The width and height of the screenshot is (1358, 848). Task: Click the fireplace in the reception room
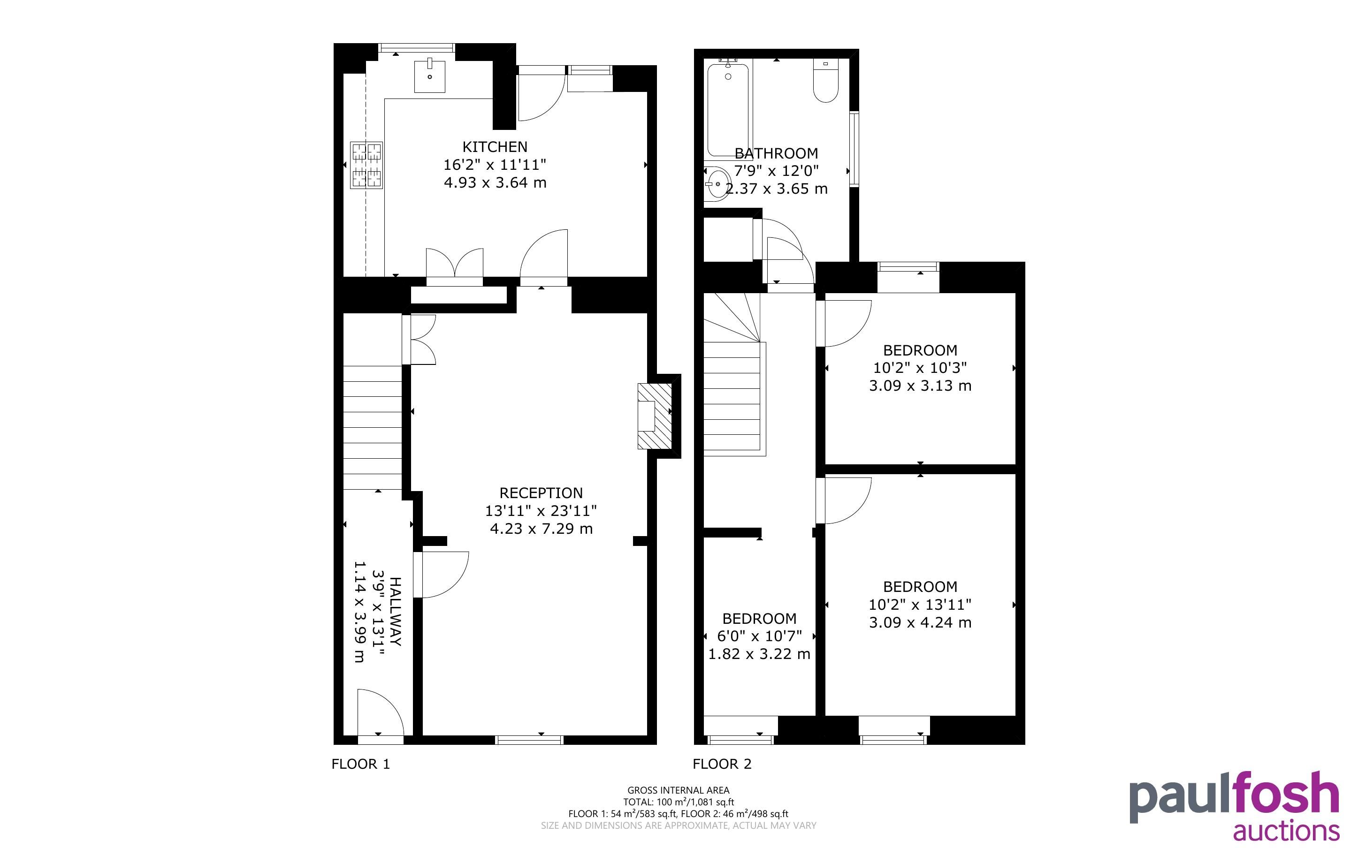coord(655,416)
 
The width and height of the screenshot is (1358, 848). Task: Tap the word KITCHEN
coord(495,147)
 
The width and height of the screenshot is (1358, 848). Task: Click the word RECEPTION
coord(542,493)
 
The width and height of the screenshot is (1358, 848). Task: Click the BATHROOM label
coord(776,153)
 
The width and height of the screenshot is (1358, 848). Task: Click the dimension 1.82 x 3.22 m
coord(759,654)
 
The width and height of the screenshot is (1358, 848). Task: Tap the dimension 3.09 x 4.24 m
coord(920,622)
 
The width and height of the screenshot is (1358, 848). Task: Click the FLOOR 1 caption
coord(361,764)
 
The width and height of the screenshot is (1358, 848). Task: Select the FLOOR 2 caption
coord(722,764)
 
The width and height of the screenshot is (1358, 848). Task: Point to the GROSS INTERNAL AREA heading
coord(678,790)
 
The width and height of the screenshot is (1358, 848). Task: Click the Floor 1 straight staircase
coord(373,428)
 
